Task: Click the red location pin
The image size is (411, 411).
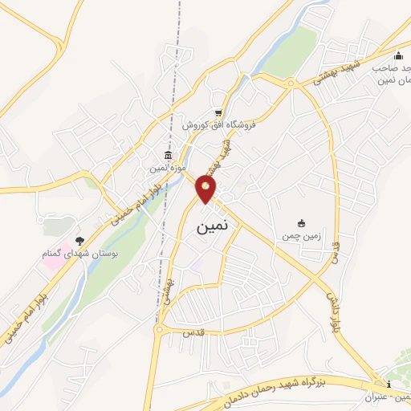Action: click(x=206, y=189)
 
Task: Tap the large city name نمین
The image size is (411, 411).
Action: click(x=213, y=227)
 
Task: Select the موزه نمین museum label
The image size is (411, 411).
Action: click(x=168, y=169)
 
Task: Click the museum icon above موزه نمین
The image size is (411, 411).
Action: click(x=168, y=155)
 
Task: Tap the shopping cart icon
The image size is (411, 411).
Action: click(x=218, y=113)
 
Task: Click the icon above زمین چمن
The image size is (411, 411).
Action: click(x=301, y=223)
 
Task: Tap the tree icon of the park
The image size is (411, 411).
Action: click(x=79, y=240)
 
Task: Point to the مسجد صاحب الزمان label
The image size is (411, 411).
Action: click(x=391, y=75)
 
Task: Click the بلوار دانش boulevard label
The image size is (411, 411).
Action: click(x=332, y=309)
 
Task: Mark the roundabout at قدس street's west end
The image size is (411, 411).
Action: click(x=161, y=328)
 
